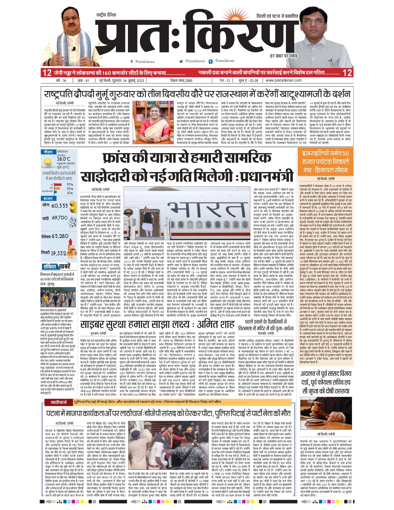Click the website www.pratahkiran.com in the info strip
pos(283,80)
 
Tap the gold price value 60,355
pos(59,206)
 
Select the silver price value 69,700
pos(59,218)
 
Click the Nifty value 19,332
pos(58,253)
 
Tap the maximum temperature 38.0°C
pos(63,159)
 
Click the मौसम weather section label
pos(48,152)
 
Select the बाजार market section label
pos(48,198)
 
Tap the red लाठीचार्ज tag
pos(59,402)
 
